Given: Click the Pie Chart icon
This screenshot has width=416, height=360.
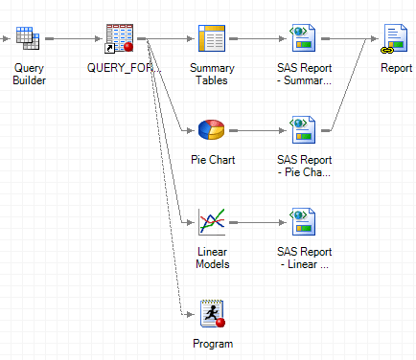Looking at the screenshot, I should (211, 130).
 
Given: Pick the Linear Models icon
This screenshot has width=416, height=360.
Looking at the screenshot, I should (211, 221).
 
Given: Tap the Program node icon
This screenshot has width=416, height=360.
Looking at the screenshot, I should (211, 312).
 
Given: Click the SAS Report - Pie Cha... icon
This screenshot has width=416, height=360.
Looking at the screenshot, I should (303, 130).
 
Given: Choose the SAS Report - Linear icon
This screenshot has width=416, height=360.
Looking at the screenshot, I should (303, 221).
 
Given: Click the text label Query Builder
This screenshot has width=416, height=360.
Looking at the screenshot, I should (29, 75).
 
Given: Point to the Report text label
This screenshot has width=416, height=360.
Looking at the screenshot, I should (395, 69).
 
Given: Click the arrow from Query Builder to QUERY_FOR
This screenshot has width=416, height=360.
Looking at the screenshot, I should (72, 40).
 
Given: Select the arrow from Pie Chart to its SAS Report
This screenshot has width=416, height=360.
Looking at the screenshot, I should (257, 131).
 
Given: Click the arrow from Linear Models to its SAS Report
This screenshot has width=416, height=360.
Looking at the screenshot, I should (257, 222).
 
